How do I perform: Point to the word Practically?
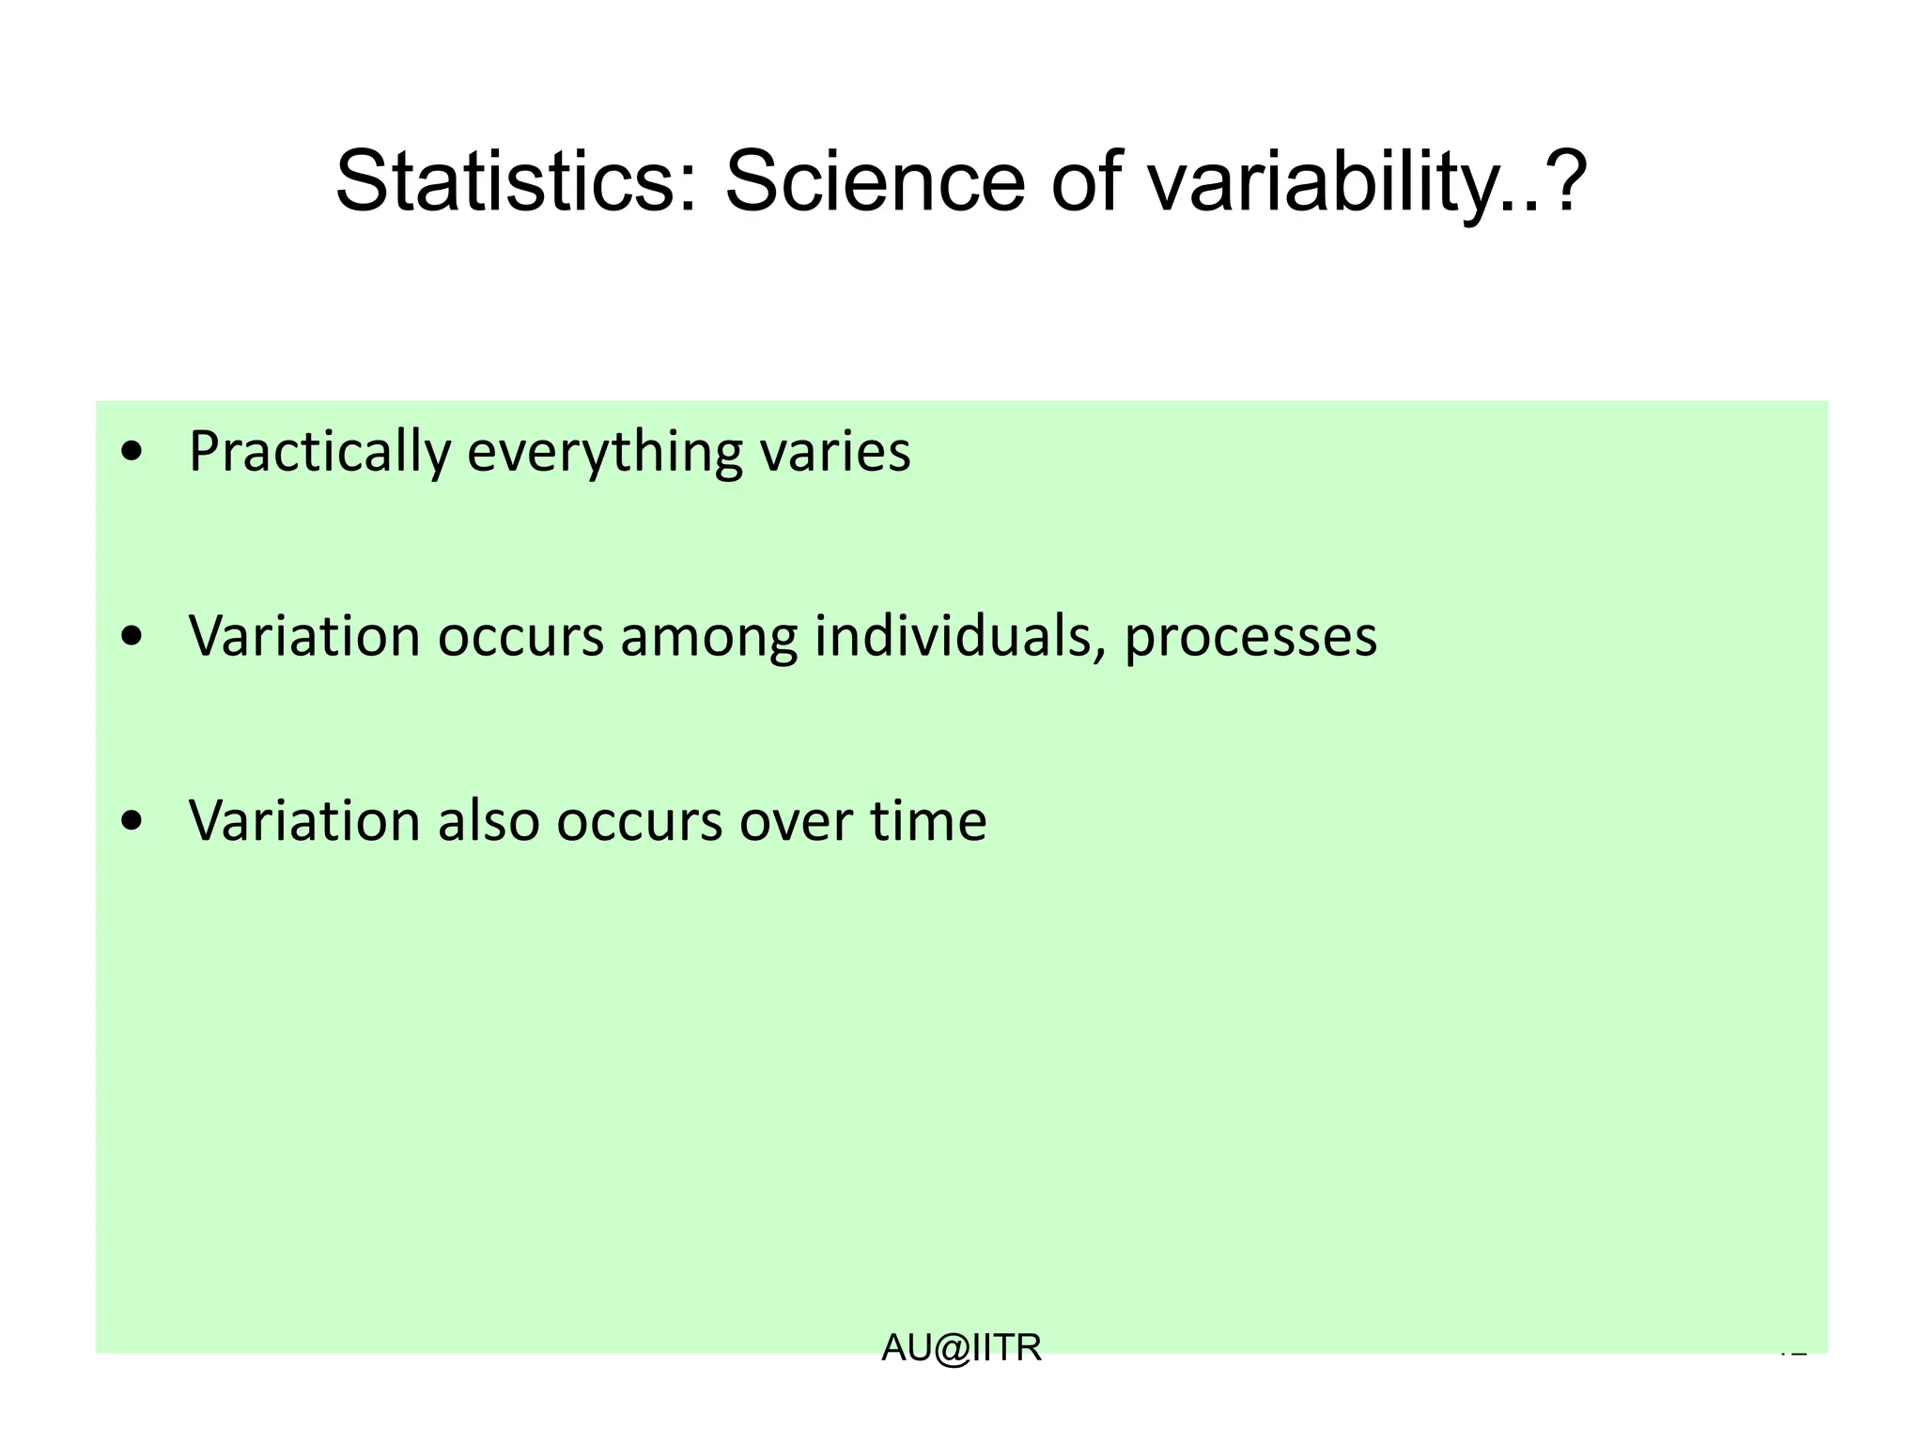pos(320,452)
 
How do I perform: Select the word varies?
pos(834,452)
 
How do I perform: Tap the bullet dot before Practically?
pos(133,452)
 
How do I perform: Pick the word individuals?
pos(958,637)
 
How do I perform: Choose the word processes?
pos(1250,637)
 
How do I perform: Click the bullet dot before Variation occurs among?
pos(133,637)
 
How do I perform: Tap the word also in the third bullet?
pos(489,821)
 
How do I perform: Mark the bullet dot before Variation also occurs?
pos(133,821)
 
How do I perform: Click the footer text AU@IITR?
pos(961,1348)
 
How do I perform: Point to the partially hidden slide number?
pos(1792,1354)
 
